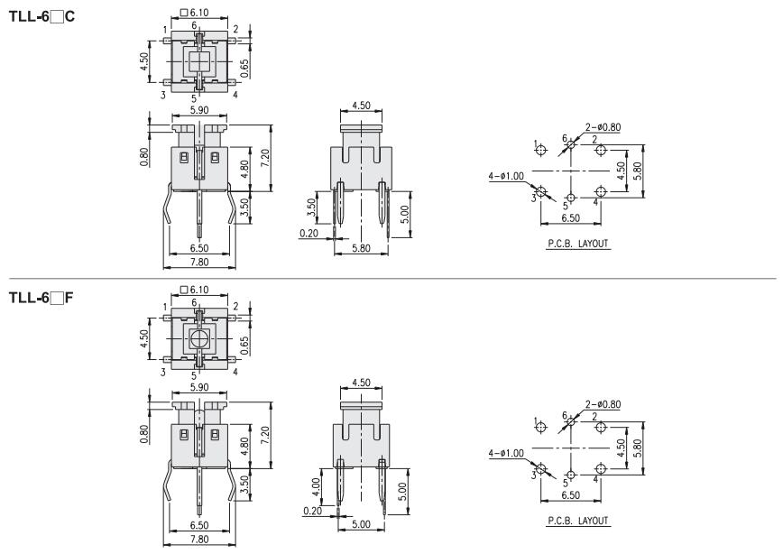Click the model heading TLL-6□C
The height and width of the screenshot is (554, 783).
click(41, 16)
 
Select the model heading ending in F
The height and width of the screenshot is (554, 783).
click(41, 299)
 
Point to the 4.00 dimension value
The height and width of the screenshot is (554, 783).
click(316, 487)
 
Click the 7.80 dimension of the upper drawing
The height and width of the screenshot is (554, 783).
click(199, 262)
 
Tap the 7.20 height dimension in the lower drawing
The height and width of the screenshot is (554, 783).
click(265, 435)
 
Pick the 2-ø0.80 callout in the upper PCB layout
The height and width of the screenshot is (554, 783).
click(603, 127)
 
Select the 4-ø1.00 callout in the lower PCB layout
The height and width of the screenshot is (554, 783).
click(506, 453)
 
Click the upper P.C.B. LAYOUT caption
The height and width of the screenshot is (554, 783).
click(578, 244)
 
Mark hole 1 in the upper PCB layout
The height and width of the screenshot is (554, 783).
click(541, 150)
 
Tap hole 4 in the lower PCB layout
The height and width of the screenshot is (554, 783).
click(601, 468)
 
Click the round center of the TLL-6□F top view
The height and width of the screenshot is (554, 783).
click(199, 339)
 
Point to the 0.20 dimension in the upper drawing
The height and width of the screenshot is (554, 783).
click(309, 233)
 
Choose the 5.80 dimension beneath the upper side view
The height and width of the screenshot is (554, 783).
click(361, 248)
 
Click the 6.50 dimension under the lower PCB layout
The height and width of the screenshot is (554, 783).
click(571, 495)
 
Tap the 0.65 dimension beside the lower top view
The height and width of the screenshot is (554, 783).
click(244, 346)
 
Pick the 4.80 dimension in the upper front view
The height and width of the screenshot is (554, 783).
click(244, 169)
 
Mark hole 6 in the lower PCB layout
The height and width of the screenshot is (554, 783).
click(571, 422)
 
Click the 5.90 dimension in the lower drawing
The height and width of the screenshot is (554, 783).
click(199, 387)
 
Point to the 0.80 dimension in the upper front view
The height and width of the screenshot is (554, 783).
click(144, 157)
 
